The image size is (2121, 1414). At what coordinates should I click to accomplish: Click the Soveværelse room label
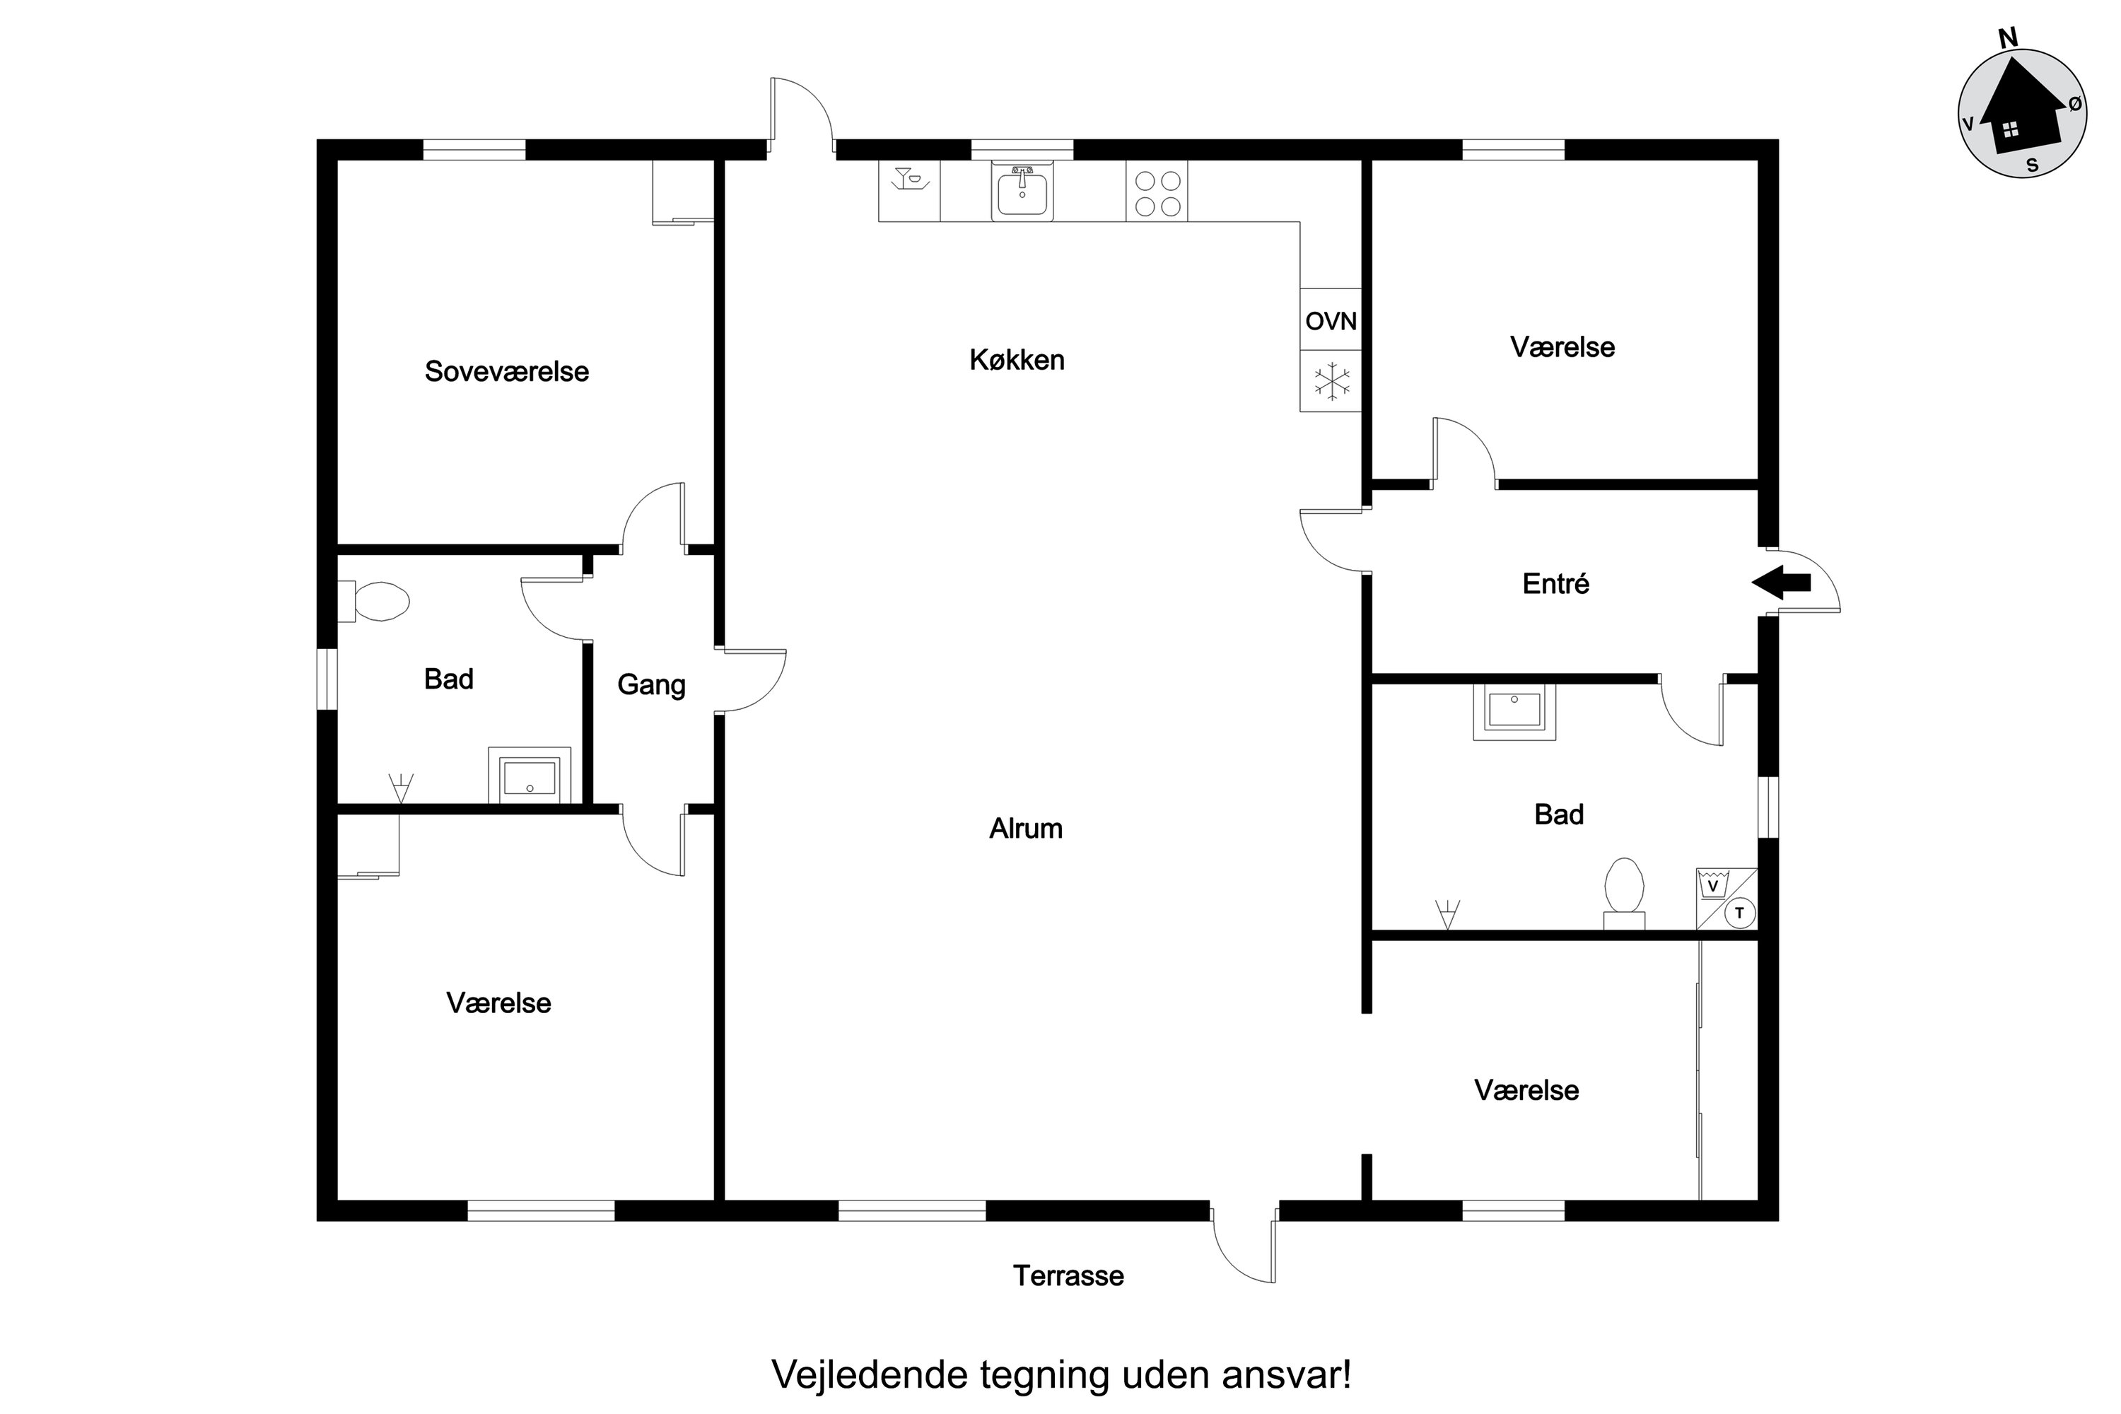coord(507,372)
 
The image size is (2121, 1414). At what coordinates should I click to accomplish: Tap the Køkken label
coord(1017,360)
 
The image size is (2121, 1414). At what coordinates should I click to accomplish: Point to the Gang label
coord(651,685)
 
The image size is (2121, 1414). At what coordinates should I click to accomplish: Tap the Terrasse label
coord(1068,1275)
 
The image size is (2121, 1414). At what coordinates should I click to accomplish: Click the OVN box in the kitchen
coord(1330,320)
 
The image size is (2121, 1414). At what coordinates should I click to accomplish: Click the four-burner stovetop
coord(1157,192)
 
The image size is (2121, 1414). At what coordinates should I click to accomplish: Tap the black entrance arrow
coord(1780,583)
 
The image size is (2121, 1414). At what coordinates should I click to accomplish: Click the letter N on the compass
coord(2009,38)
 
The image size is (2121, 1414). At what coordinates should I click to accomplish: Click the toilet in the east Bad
coord(1624,893)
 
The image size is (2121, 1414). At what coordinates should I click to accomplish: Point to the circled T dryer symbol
coord(1739,913)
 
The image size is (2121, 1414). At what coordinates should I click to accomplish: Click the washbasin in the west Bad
coord(530,775)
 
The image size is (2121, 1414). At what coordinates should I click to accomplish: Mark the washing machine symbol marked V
coord(1712,884)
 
